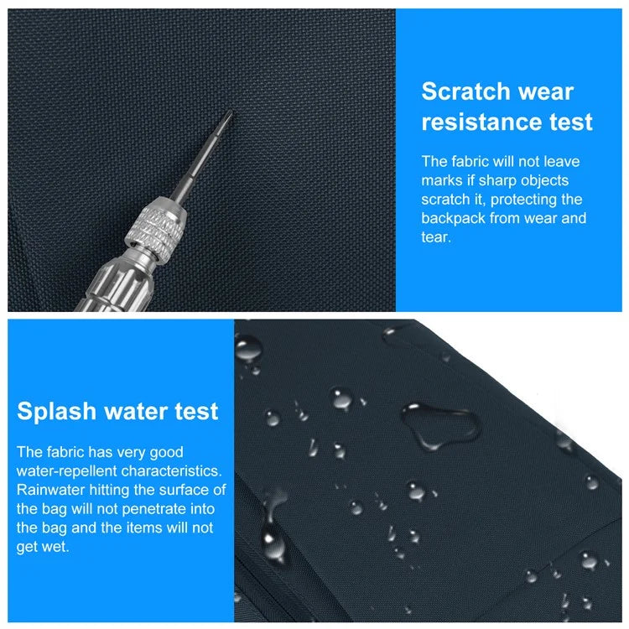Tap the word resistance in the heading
(x=481, y=122)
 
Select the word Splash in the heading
(x=56, y=412)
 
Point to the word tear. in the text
(x=436, y=237)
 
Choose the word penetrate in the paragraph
(x=154, y=509)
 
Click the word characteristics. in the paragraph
(x=171, y=471)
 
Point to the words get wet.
(x=43, y=547)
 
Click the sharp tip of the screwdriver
(x=231, y=112)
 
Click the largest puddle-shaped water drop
(x=440, y=425)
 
